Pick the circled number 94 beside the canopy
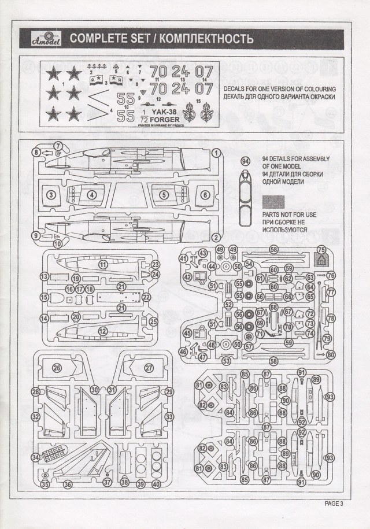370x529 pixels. [x=245, y=160]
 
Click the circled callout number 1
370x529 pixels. [x=216, y=153]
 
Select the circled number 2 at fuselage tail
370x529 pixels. [x=216, y=236]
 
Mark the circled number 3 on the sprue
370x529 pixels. [x=51, y=195]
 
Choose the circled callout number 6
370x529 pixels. [x=206, y=195]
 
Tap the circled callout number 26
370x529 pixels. [x=57, y=368]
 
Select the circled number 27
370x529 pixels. [x=149, y=368]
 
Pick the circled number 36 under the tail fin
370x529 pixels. [x=67, y=484]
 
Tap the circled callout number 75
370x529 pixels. [x=322, y=250]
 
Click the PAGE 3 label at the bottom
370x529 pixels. [x=334, y=503]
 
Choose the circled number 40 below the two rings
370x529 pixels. [x=156, y=484]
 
